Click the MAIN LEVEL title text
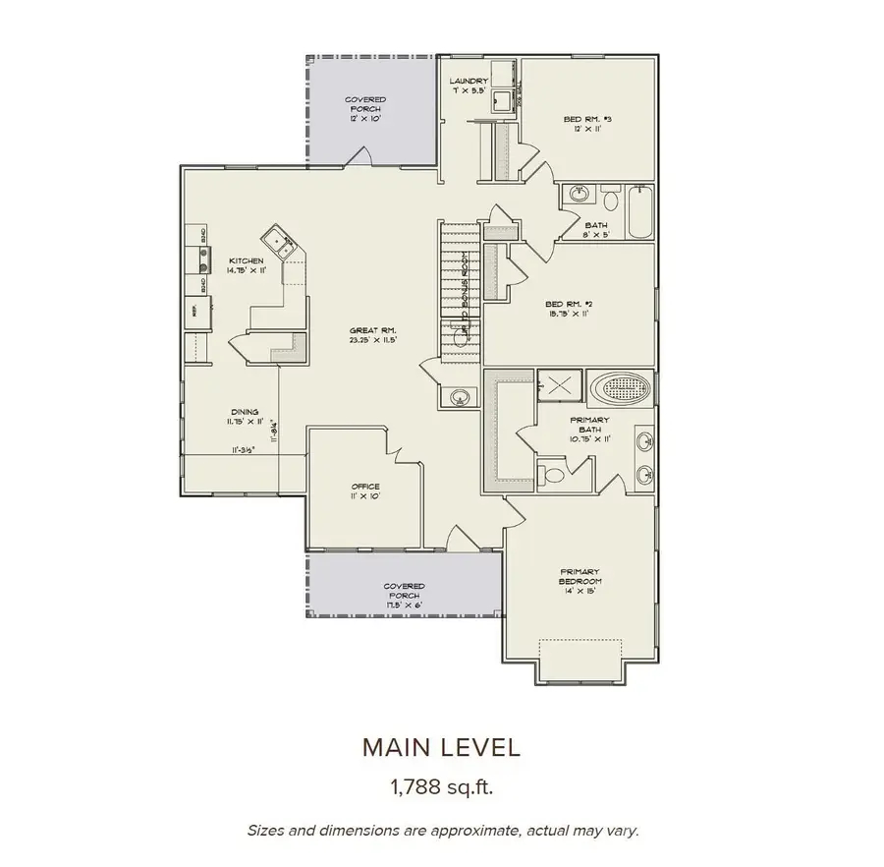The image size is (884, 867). click(x=441, y=747)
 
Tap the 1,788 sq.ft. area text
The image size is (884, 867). click(x=441, y=786)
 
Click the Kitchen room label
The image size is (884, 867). click(x=245, y=264)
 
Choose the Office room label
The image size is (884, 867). click(x=365, y=491)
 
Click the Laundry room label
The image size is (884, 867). click(x=470, y=86)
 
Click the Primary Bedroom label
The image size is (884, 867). click(x=580, y=576)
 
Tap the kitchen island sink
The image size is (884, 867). click(x=276, y=239)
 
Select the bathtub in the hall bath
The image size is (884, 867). click(x=638, y=211)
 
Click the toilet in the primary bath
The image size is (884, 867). click(x=553, y=477)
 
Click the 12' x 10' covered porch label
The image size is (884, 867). click(x=364, y=108)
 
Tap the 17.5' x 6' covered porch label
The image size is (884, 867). click(x=403, y=592)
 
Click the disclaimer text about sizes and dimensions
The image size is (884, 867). click(x=442, y=831)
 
